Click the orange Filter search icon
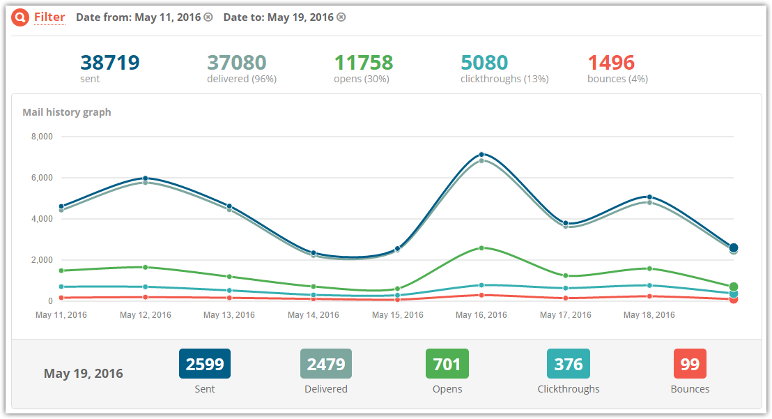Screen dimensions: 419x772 [x=21, y=17]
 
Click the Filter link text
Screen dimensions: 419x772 [x=49, y=17]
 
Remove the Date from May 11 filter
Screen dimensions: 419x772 [x=208, y=17]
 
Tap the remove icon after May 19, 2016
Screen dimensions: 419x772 [x=341, y=17]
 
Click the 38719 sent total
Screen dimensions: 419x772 [x=110, y=63]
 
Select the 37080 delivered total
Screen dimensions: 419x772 [x=237, y=63]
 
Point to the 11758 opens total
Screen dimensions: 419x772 [x=364, y=63]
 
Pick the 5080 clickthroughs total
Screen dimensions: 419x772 [x=484, y=63]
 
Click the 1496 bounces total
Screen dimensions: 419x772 [x=611, y=63]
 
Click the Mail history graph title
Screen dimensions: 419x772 [x=67, y=112]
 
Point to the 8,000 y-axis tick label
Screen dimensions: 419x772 [x=42, y=137]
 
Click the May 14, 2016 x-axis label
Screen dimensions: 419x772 [x=314, y=315]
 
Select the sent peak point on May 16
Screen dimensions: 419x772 [x=481, y=155]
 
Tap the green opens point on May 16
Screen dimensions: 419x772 [x=481, y=248]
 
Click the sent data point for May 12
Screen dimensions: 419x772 [x=146, y=178]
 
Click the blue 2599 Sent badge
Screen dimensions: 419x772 [x=205, y=364]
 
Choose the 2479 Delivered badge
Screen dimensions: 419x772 [x=326, y=364]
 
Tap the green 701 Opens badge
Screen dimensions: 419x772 [x=447, y=364]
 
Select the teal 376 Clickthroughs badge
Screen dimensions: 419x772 [x=569, y=364]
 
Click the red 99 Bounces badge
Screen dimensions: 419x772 [x=690, y=364]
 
